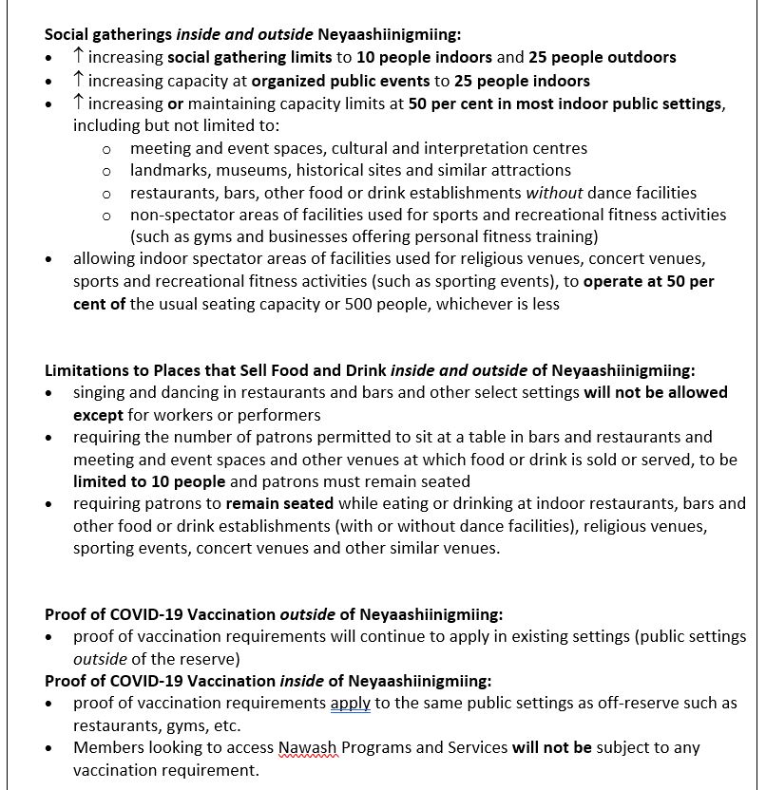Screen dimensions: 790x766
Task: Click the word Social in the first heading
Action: (x=67, y=33)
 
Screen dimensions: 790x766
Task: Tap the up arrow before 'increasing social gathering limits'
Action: (x=79, y=57)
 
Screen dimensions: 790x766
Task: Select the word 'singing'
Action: (x=101, y=392)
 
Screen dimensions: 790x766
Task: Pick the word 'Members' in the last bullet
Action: (x=107, y=747)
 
